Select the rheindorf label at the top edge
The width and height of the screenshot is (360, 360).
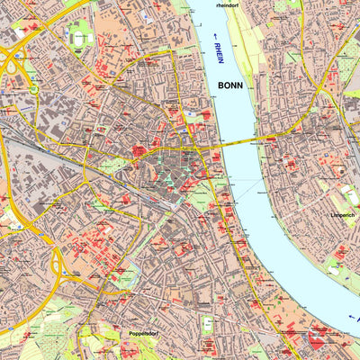(231, 4)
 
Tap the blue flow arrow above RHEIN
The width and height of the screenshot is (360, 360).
(217, 37)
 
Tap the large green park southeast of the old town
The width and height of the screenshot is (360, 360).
(203, 193)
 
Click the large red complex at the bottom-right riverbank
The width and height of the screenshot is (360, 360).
(319, 337)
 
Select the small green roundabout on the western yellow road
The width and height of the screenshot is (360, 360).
(33, 89)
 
